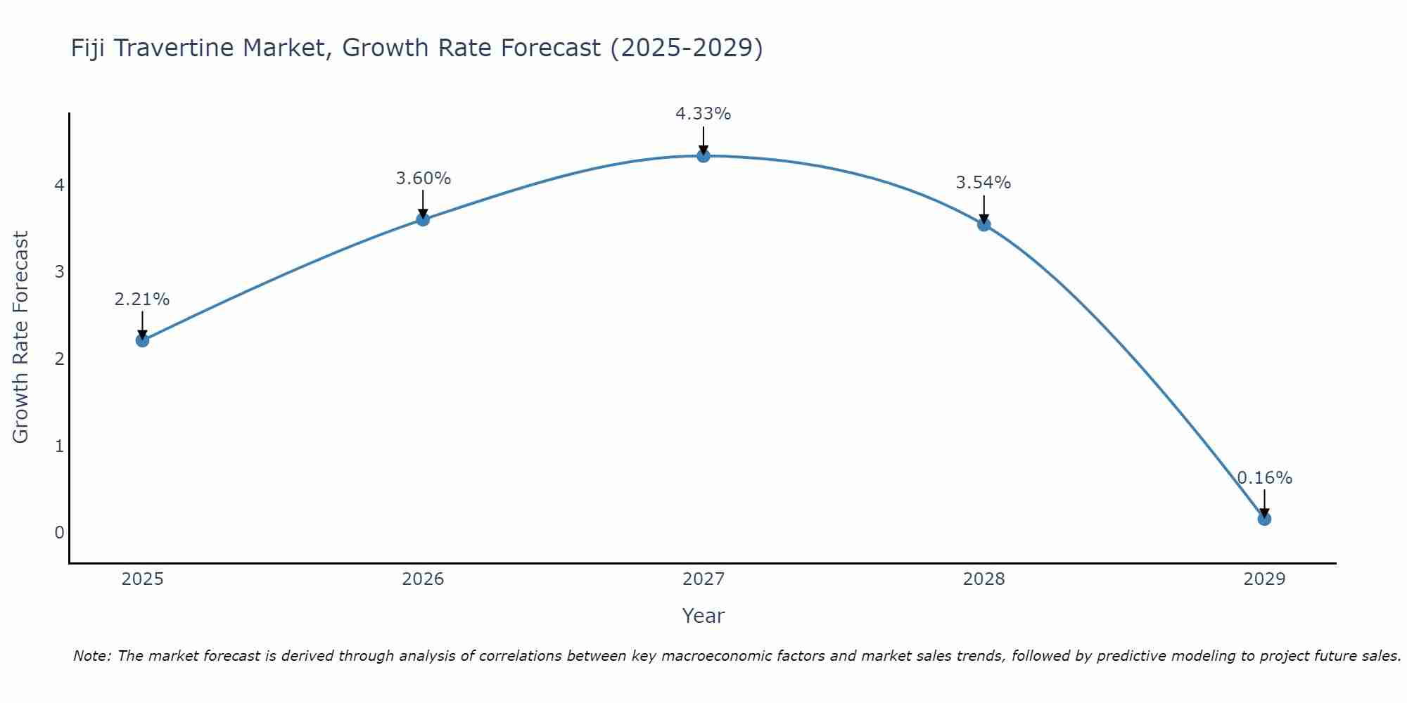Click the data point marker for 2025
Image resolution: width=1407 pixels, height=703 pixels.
[142, 340]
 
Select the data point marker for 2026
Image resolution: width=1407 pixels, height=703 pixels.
[423, 219]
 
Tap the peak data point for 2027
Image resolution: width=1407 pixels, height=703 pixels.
[703, 156]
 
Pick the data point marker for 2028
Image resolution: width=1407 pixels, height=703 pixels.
[984, 225]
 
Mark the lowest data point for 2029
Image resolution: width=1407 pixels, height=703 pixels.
[1264, 519]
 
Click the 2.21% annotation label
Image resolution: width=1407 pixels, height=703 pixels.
[142, 299]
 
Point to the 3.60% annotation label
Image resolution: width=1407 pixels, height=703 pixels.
[423, 179]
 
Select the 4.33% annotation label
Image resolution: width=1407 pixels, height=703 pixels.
[703, 114]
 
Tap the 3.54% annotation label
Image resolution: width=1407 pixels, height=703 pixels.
[983, 183]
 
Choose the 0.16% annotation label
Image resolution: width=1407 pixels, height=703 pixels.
[1264, 478]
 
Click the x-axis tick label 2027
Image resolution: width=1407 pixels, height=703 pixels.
[703, 579]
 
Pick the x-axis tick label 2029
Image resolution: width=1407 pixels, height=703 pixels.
[1264, 579]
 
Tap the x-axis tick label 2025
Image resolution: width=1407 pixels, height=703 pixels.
[142, 579]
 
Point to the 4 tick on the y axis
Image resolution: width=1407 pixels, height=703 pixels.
[59, 185]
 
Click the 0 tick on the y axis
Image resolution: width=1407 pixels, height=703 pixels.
[59, 532]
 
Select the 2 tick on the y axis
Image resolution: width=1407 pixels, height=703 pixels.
[59, 359]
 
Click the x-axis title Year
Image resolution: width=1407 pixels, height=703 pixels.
[703, 616]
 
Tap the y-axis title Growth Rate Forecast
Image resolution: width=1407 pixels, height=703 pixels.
[21, 337]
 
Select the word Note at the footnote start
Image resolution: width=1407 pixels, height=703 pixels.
[91, 656]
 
